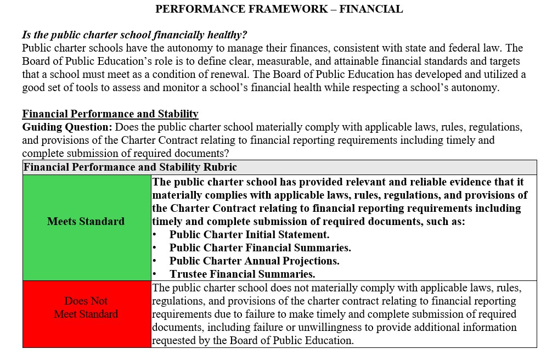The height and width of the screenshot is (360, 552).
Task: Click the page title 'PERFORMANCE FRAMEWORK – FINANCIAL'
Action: tap(279, 9)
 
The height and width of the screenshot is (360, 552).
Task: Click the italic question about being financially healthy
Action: tap(134, 35)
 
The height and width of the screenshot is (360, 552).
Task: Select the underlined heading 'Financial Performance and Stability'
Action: tap(110, 114)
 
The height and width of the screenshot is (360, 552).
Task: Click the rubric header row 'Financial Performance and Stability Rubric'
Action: tap(131, 167)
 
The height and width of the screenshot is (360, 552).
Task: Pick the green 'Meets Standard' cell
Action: tap(86, 222)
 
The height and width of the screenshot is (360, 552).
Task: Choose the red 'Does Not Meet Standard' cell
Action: tap(86, 308)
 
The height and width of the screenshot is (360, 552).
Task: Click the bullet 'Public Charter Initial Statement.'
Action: tap(249, 235)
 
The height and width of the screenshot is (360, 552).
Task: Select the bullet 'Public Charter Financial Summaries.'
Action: tap(260, 248)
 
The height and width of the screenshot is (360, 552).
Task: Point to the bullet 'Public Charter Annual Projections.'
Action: tap(254, 261)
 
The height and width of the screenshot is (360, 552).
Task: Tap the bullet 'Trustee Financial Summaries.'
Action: tap(242, 274)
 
